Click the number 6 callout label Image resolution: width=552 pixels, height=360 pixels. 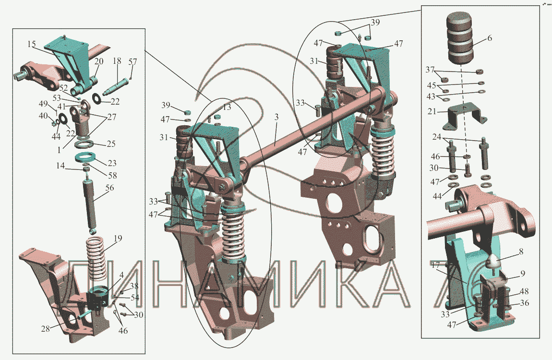(489, 38)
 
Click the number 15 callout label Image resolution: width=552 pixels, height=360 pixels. (31, 44)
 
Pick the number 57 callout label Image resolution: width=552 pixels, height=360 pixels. (132, 61)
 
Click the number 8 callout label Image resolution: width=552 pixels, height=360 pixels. (520, 251)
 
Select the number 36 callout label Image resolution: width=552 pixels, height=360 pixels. (525, 303)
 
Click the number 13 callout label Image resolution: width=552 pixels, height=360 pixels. (226, 107)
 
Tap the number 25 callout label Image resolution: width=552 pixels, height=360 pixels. (111, 144)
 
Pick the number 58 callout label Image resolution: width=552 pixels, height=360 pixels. (112, 176)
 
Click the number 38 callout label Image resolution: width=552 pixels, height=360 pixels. (134, 286)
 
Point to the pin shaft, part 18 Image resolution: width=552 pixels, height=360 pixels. (114, 87)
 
